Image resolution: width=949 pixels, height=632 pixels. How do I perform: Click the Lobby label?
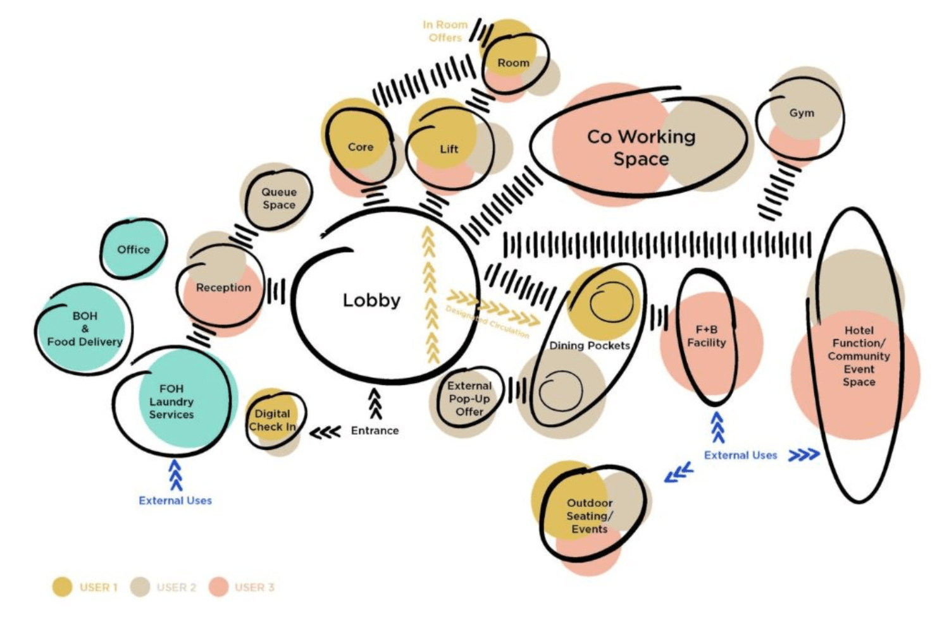[371, 300]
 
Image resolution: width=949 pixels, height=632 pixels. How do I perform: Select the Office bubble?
[133, 250]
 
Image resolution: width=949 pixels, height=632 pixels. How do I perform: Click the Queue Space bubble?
[278, 198]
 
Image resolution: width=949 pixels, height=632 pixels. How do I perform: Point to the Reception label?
[223, 288]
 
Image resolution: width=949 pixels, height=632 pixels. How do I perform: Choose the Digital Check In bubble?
[273, 420]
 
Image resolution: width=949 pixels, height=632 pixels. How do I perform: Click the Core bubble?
[360, 147]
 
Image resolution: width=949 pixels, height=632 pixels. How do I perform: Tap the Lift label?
[449, 149]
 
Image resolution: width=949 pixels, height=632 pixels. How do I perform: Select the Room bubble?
[513, 63]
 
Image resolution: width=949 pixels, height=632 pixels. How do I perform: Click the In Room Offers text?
[445, 31]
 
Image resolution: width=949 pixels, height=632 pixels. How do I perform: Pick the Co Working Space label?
[641, 147]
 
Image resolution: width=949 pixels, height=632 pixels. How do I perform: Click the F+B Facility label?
[707, 336]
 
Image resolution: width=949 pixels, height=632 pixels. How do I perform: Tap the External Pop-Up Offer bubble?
[469, 399]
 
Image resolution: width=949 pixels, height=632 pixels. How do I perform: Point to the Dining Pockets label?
[589, 346]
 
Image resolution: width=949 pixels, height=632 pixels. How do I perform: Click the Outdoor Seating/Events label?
[589, 516]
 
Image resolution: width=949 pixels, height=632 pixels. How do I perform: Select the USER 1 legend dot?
[62, 587]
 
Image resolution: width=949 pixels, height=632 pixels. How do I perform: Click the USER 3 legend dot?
[218, 587]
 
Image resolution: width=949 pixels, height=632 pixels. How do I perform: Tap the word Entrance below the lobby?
[375, 430]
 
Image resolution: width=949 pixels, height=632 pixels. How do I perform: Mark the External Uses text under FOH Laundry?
[175, 501]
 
